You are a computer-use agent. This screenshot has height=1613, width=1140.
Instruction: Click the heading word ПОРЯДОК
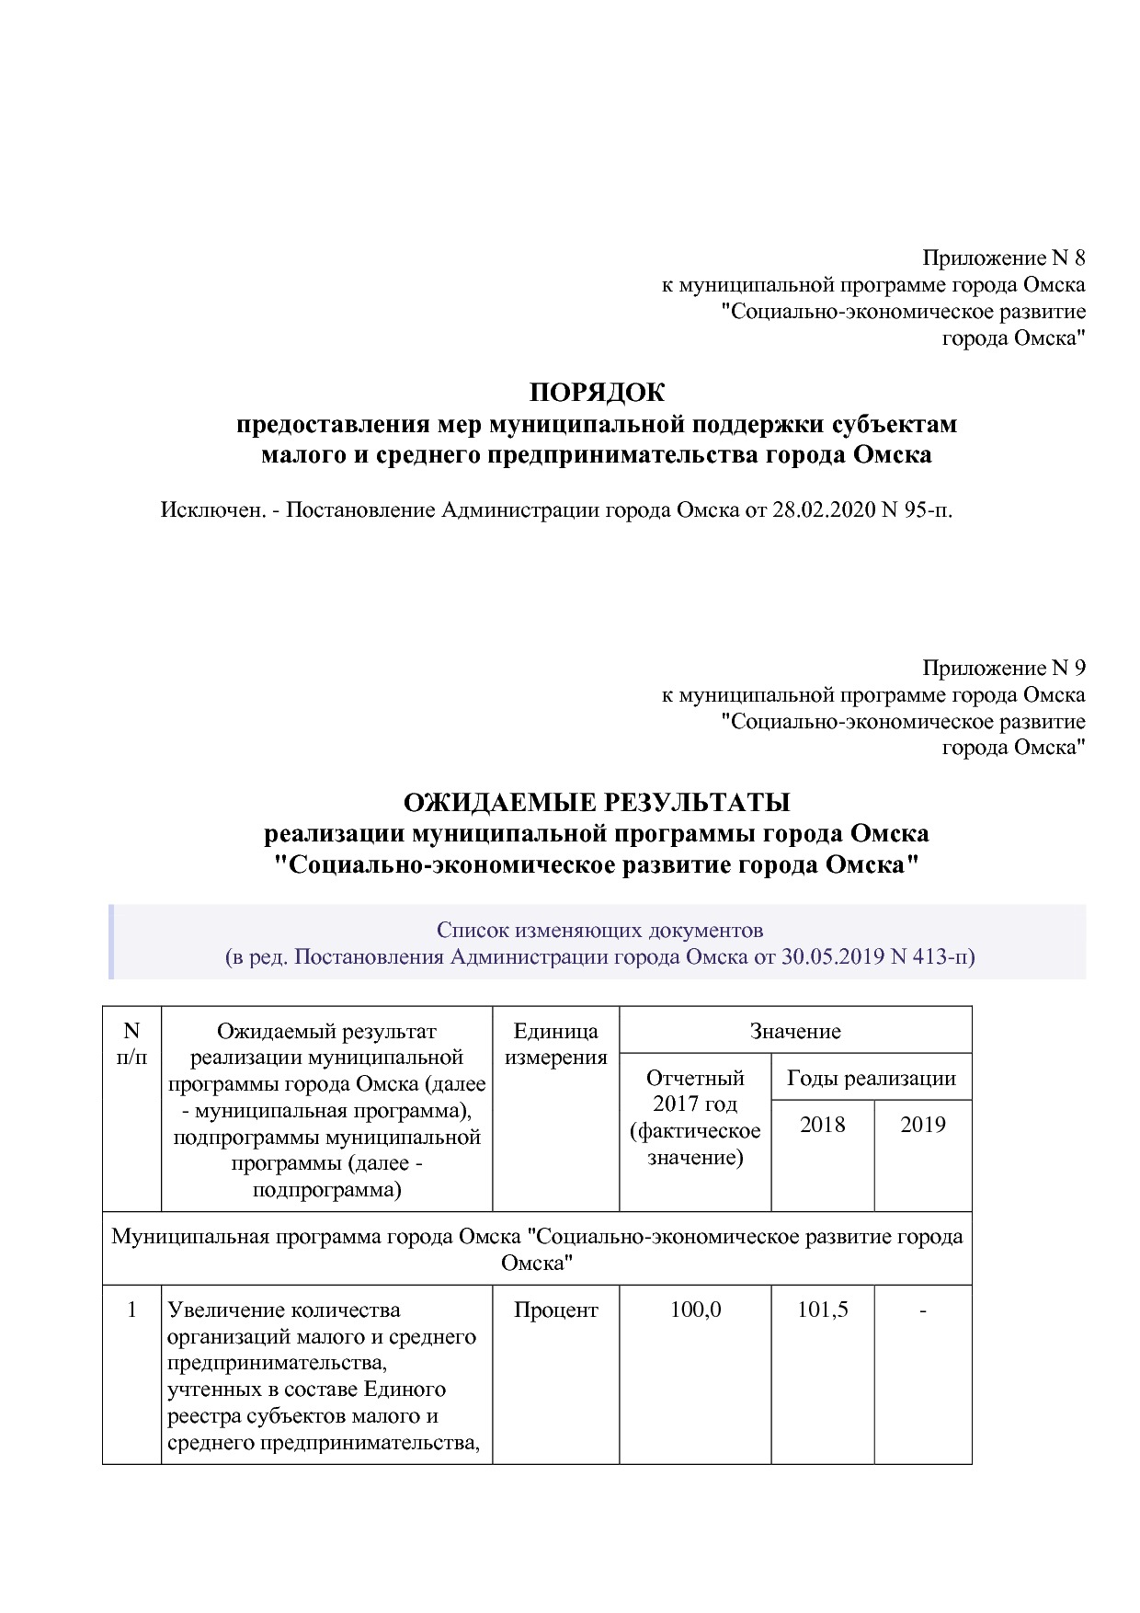coord(597,393)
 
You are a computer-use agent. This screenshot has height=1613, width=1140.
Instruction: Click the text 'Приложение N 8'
coord(1003,257)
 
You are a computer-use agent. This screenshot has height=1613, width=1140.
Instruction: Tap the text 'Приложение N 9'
coord(1003,668)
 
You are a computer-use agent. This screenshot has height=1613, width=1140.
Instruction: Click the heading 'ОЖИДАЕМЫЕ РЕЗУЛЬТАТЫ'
coord(597,803)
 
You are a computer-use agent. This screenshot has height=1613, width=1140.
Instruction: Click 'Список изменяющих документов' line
coord(599,930)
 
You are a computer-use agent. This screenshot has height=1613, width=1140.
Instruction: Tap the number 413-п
coord(942,956)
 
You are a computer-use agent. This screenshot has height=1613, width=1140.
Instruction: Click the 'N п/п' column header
coord(131,1044)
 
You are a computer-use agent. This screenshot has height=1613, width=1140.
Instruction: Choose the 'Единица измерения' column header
coord(555,1044)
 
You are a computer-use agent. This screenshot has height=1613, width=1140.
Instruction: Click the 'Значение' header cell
coord(795,1031)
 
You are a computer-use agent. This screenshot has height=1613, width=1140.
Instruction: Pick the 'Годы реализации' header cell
coord(871,1078)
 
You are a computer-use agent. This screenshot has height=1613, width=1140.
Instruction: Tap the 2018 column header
coord(822,1125)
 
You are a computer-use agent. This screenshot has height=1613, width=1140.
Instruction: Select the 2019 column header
coord(922,1125)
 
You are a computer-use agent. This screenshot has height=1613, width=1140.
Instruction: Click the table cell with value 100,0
coord(695,1310)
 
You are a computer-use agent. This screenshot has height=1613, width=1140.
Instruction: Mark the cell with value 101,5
coord(822,1310)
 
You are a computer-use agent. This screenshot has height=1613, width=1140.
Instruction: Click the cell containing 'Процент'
coord(555,1310)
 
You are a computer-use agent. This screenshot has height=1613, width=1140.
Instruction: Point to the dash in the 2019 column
coord(922,1310)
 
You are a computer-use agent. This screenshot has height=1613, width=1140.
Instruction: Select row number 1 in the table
coord(131,1310)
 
